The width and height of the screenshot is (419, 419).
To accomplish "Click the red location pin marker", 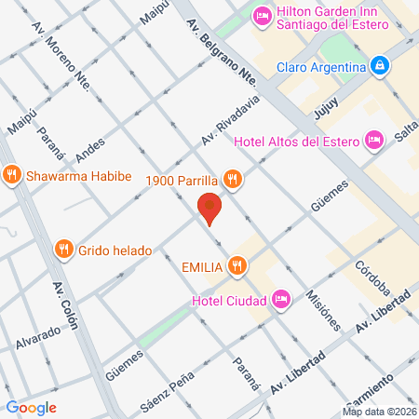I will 210,209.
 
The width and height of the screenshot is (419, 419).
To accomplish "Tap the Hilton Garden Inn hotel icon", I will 263,15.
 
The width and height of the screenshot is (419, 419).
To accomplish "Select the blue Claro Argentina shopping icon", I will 379,66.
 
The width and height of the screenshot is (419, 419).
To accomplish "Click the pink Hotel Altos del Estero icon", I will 374,140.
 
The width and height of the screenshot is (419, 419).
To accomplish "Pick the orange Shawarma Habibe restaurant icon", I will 12,173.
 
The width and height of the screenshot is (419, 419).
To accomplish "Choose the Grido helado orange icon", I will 63,249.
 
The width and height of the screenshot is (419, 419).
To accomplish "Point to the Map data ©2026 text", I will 378,412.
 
